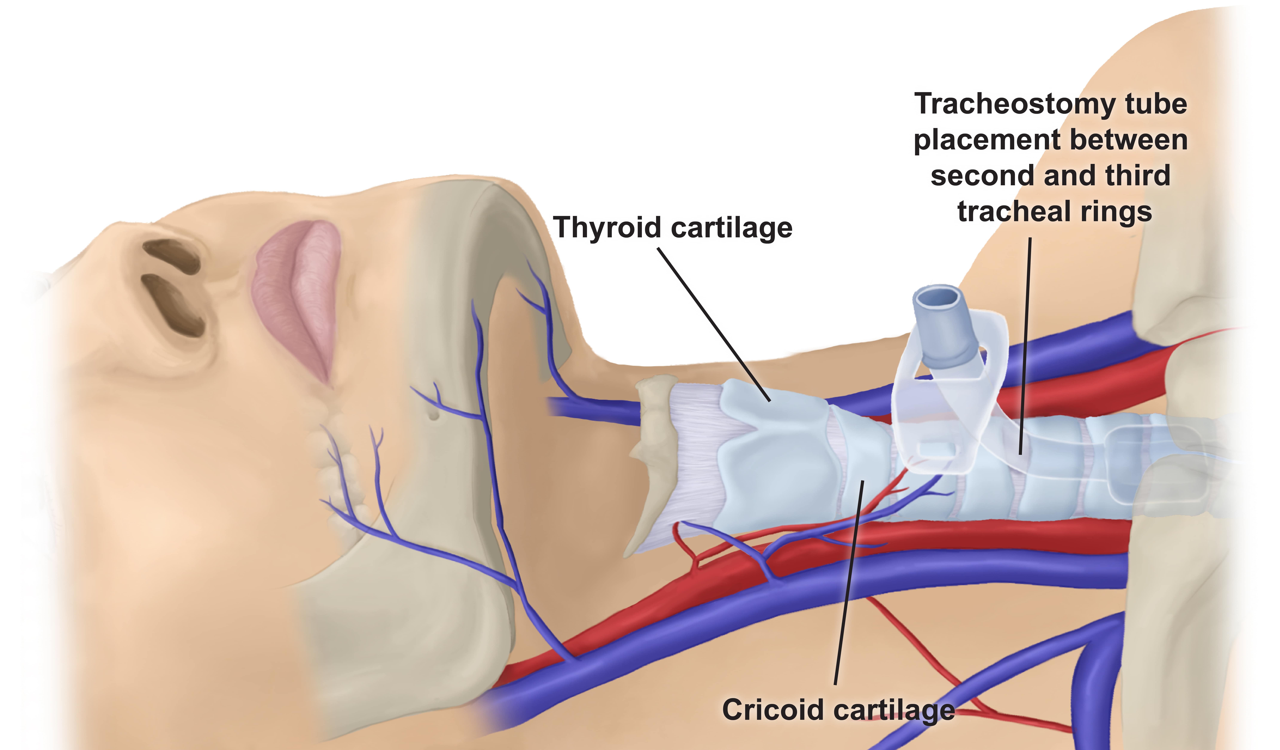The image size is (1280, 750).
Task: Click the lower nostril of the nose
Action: coord(173,305)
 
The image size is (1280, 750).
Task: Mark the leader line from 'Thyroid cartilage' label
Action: coord(714,325)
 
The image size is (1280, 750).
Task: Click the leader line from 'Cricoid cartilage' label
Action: coord(848,584)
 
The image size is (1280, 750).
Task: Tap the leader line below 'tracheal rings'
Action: coord(1025,345)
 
